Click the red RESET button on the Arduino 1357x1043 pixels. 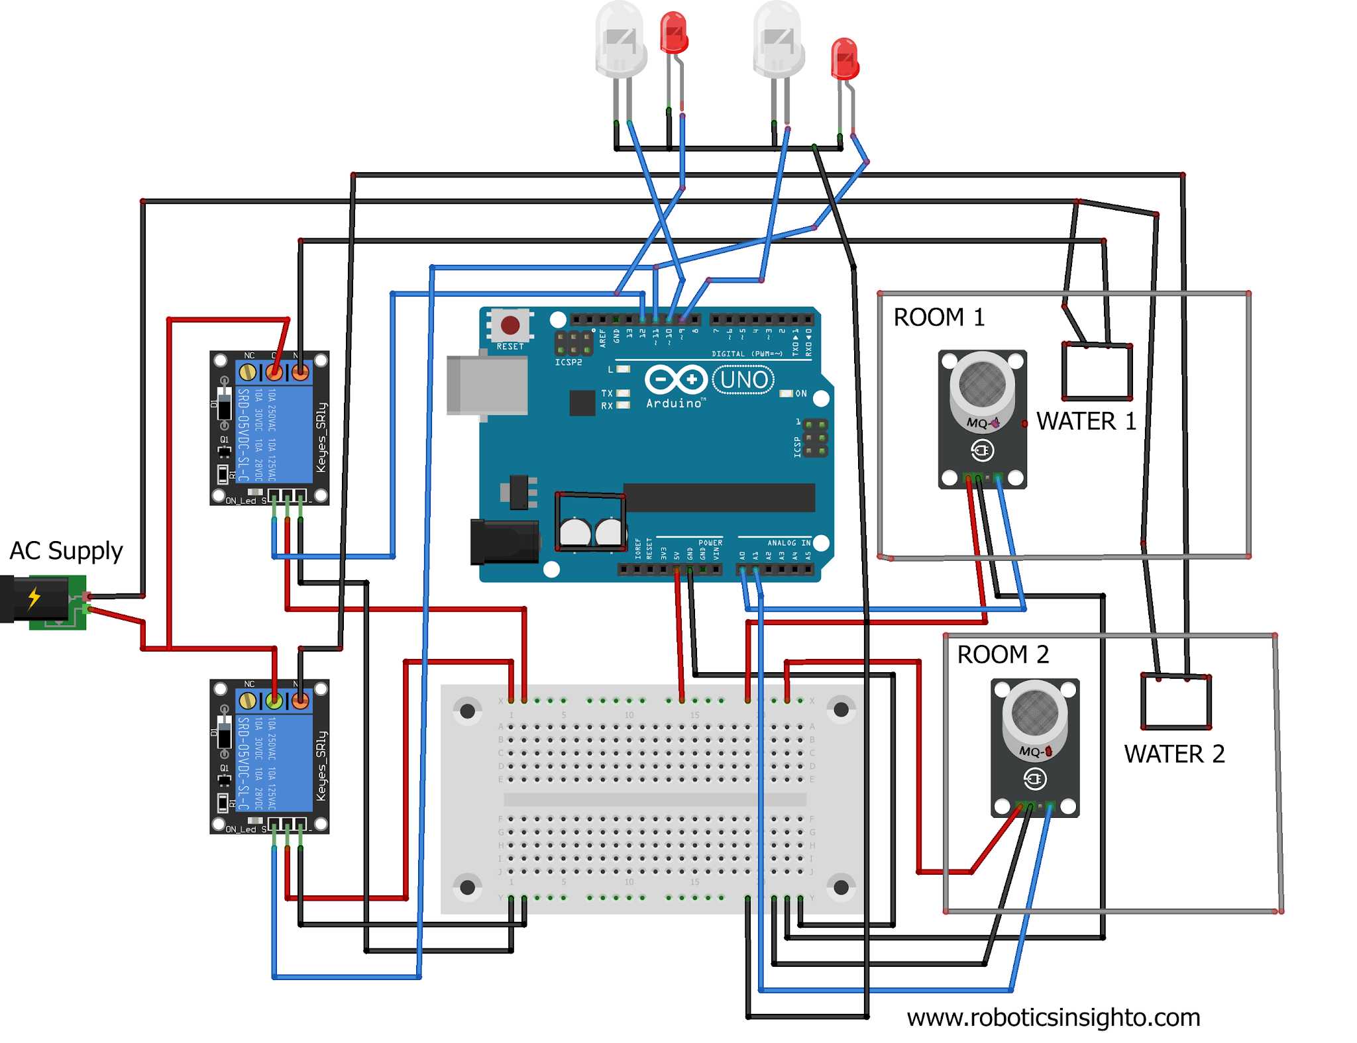tap(510, 325)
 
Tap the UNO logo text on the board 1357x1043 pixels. tap(743, 379)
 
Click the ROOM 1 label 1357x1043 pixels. tap(938, 317)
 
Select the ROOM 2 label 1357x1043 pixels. tap(1003, 654)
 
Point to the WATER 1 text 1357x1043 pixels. tap(1086, 421)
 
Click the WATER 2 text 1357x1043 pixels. tap(1173, 754)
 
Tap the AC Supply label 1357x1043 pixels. tap(66, 550)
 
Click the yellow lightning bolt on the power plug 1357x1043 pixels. tap(34, 598)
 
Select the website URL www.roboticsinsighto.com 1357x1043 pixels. tap(1053, 1017)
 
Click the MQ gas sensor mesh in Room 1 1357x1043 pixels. tap(982, 384)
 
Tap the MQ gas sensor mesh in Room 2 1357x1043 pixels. tap(1034, 713)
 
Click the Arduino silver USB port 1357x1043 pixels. tap(487, 385)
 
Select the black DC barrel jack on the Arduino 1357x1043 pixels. tap(504, 542)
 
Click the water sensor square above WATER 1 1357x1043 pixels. tap(1097, 372)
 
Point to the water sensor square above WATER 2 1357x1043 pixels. tap(1175, 702)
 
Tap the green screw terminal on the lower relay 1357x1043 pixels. tap(274, 700)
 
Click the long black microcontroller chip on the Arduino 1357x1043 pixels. tap(719, 497)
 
